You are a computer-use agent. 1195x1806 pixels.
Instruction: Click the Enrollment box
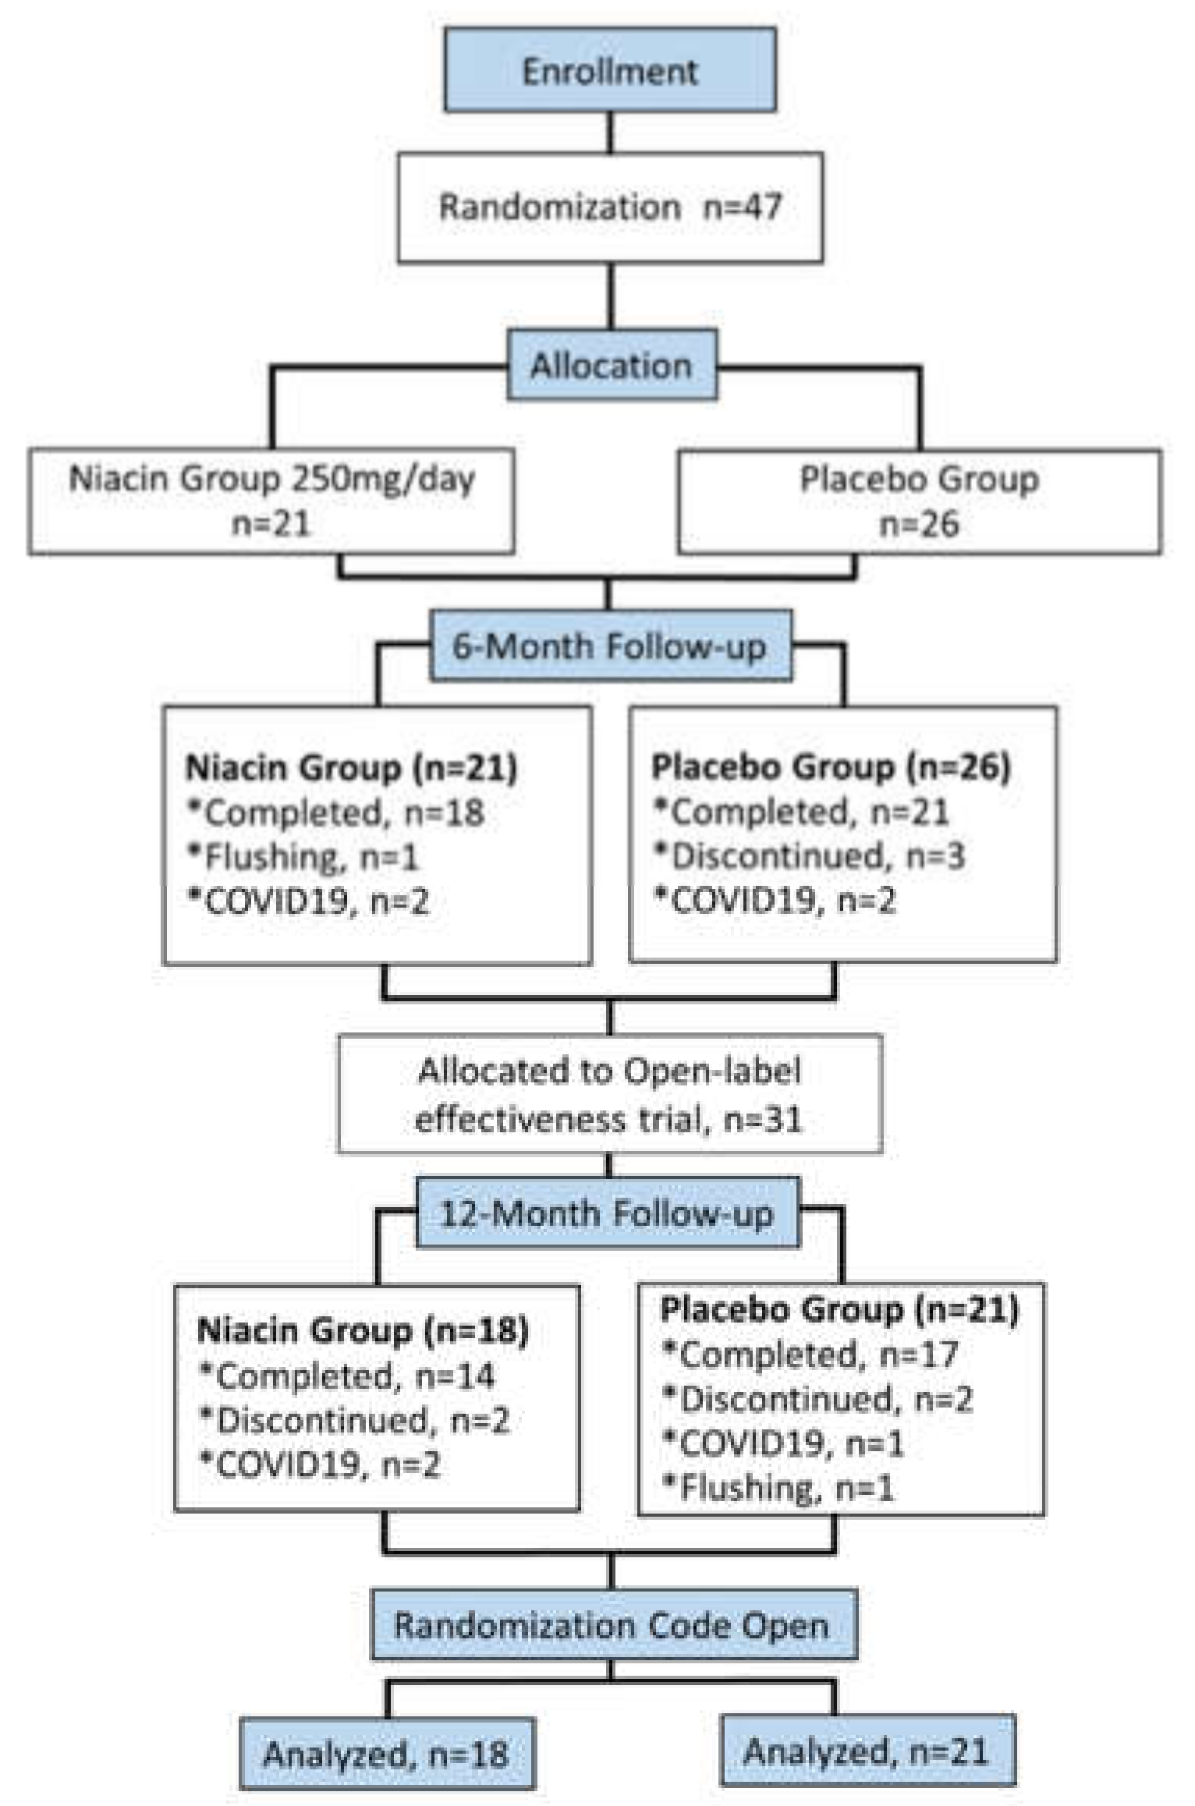tap(610, 70)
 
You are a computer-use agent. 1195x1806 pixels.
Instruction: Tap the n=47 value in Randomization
tap(742, 207)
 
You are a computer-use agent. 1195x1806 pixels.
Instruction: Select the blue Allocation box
tap(612, 365)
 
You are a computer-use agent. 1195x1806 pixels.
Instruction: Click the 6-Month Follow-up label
tap(610, 646)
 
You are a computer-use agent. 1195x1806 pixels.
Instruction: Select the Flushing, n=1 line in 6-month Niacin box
tap(304, 858)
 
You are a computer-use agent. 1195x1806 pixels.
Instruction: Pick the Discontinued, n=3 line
tap(810, 856)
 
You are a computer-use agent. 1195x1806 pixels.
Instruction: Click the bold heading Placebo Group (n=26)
tap(830, 767)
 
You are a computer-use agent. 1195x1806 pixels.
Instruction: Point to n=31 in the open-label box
tap(762, 1121)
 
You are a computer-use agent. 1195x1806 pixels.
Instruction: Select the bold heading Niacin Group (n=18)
tap(363, 1330)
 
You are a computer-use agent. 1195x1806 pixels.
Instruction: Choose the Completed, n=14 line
tap(348, 1376)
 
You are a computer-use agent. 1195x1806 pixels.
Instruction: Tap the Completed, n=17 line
tap(810, 1355)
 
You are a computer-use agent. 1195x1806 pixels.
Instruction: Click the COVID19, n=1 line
tap(783, 1444)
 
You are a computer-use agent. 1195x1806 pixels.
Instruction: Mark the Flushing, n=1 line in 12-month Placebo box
tap(778, 1489)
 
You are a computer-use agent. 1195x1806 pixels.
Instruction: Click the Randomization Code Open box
tap(612, 1626)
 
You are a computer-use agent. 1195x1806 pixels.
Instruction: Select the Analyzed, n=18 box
tap(387, 1754)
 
